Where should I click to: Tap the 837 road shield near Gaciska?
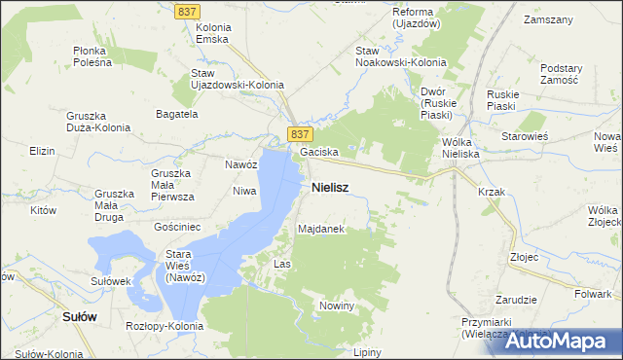click(300, 132)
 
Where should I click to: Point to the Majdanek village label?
click(321, 229)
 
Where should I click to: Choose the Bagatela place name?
click(177, 114)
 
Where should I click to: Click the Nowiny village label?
click(337, 306)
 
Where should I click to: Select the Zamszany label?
click(546, 19)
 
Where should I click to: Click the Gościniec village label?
click(177, 226)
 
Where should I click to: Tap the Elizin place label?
click(42, 152)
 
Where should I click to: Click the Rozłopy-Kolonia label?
click(165, 326)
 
